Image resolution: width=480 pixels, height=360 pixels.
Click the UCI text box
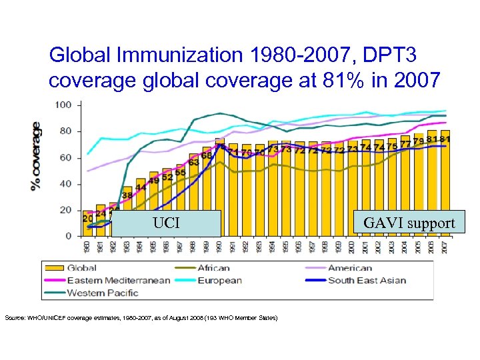tap(166, 223)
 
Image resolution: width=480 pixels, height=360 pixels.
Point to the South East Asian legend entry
tap(367, 280)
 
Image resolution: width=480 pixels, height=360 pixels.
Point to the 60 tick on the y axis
tap(67, 158)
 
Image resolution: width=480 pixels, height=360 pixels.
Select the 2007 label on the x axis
tap(444, 247)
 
